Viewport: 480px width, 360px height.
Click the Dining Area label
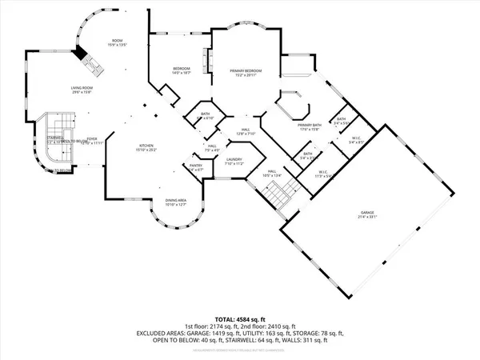[175, 201]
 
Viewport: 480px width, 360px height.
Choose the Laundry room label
[234, 159]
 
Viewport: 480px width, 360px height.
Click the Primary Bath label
[310, 125]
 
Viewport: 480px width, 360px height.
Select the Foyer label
[91, 138]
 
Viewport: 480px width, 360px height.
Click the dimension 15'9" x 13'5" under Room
[119, 45]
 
